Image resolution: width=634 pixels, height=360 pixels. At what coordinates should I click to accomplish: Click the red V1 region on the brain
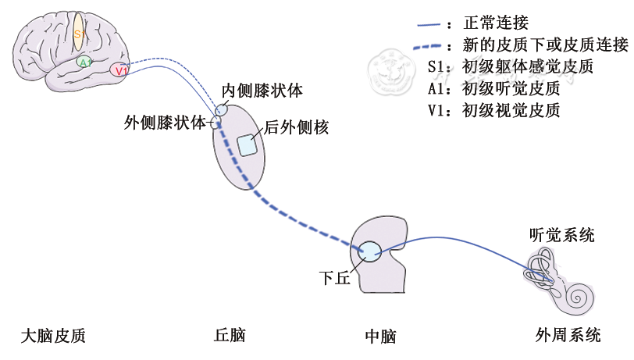coord(119,70)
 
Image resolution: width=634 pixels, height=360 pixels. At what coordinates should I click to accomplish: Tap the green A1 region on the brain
coord(85,62)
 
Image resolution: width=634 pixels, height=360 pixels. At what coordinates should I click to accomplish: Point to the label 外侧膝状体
coord(165,123)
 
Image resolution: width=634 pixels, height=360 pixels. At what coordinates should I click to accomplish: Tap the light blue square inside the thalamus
coord(248,144)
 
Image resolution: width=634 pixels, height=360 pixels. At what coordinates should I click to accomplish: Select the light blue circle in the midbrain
coord(369,251)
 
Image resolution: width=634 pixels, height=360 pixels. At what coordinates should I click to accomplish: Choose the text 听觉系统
coord(561,234)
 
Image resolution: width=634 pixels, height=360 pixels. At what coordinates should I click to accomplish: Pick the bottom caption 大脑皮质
coord(52,336)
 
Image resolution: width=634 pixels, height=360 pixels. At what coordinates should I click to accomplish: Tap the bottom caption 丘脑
coord(230,336)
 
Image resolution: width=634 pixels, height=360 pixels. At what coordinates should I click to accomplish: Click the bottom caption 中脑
coord(380,337)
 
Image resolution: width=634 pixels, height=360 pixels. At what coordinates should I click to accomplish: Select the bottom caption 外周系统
coord(568,336)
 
